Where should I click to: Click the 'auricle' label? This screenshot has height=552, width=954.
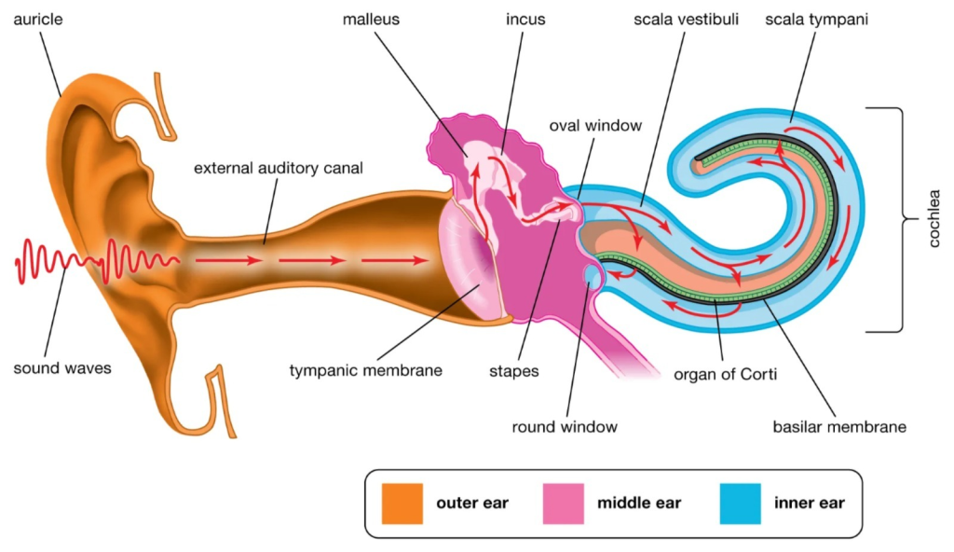[x=37, y=20]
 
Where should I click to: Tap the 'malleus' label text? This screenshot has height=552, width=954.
[x=371, y=20]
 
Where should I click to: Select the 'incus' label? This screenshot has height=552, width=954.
[x=525, y=20]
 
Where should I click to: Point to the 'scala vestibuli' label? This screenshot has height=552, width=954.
[x=686, y=20]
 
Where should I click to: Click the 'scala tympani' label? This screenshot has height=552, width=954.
[x=816, y=20]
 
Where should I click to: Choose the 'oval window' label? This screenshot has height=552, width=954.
[x=595, y=126]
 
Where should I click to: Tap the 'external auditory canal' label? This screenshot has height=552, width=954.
[x=278, y=168]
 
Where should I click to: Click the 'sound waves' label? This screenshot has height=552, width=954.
[x=62, y=368]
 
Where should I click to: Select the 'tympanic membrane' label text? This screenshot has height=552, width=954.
[x=365, y=370]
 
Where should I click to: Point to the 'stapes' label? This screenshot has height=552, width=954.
[x=513, y=371]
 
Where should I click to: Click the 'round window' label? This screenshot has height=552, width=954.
[x=564, y=426]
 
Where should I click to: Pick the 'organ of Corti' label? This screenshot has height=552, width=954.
[x=725, y=374]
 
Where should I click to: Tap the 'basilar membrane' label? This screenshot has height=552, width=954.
[x=839, y=426]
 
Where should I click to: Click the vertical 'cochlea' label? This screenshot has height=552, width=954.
[x=934, y=219]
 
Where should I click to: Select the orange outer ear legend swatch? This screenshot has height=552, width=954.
[x=402, y=504]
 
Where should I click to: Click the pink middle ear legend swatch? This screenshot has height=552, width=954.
[x=564, y=504]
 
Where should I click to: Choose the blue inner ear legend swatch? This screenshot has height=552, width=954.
[x=740, y=504]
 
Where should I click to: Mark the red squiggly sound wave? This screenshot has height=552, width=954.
[x=97, y=262]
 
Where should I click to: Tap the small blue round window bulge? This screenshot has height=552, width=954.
[x=593, y=274]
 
